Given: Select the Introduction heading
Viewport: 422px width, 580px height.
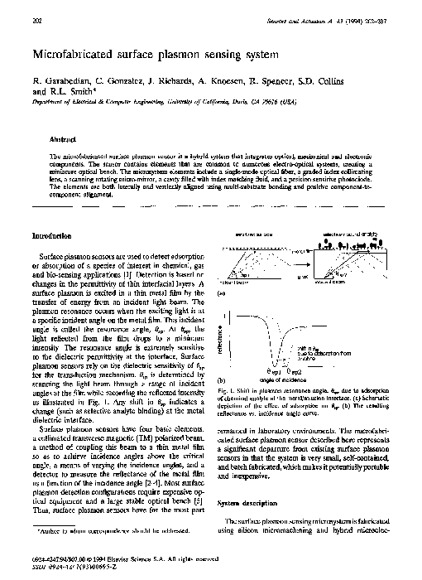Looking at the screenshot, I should coord(55,236).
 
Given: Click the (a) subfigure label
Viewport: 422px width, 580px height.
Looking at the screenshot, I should coord(220,292).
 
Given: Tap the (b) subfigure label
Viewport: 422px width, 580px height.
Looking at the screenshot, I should coord(220,402).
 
